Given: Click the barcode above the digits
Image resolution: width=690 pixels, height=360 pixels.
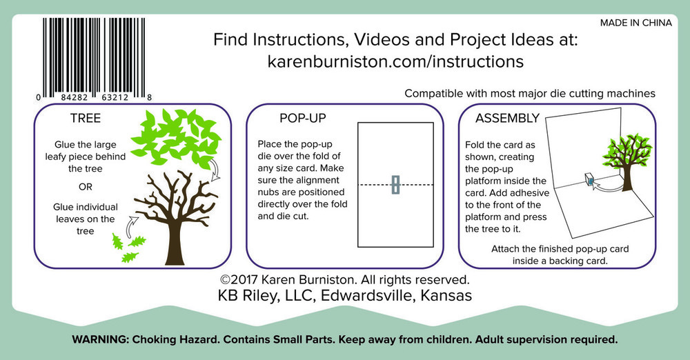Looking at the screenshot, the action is [94, 55].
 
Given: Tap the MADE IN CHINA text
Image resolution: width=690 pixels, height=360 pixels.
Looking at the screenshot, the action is [636, 23].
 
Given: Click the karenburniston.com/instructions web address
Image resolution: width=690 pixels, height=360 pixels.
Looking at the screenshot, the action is [395, 61].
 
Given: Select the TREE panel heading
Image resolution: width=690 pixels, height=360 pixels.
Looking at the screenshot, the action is [86, 118].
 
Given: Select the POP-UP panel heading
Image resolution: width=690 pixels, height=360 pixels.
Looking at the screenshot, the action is [303, 118].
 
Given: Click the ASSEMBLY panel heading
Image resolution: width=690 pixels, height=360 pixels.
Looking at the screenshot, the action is [507, 118].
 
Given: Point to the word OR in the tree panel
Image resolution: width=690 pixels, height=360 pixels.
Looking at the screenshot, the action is [86, 187].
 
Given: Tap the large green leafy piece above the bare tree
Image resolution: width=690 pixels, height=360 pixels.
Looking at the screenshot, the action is [176, 138].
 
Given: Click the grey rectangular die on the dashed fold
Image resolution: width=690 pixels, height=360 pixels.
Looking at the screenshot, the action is [395, 184].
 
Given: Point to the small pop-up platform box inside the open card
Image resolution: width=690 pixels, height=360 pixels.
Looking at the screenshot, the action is [589, 179].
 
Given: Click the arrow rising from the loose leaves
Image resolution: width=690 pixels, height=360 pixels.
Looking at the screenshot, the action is [132, 226].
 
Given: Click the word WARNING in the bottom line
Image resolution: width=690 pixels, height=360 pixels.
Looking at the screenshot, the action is [100, 340].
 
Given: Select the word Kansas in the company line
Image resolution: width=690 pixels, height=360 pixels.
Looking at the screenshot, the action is [446, 295].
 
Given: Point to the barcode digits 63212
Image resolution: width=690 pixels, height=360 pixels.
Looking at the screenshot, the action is [115, 97].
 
